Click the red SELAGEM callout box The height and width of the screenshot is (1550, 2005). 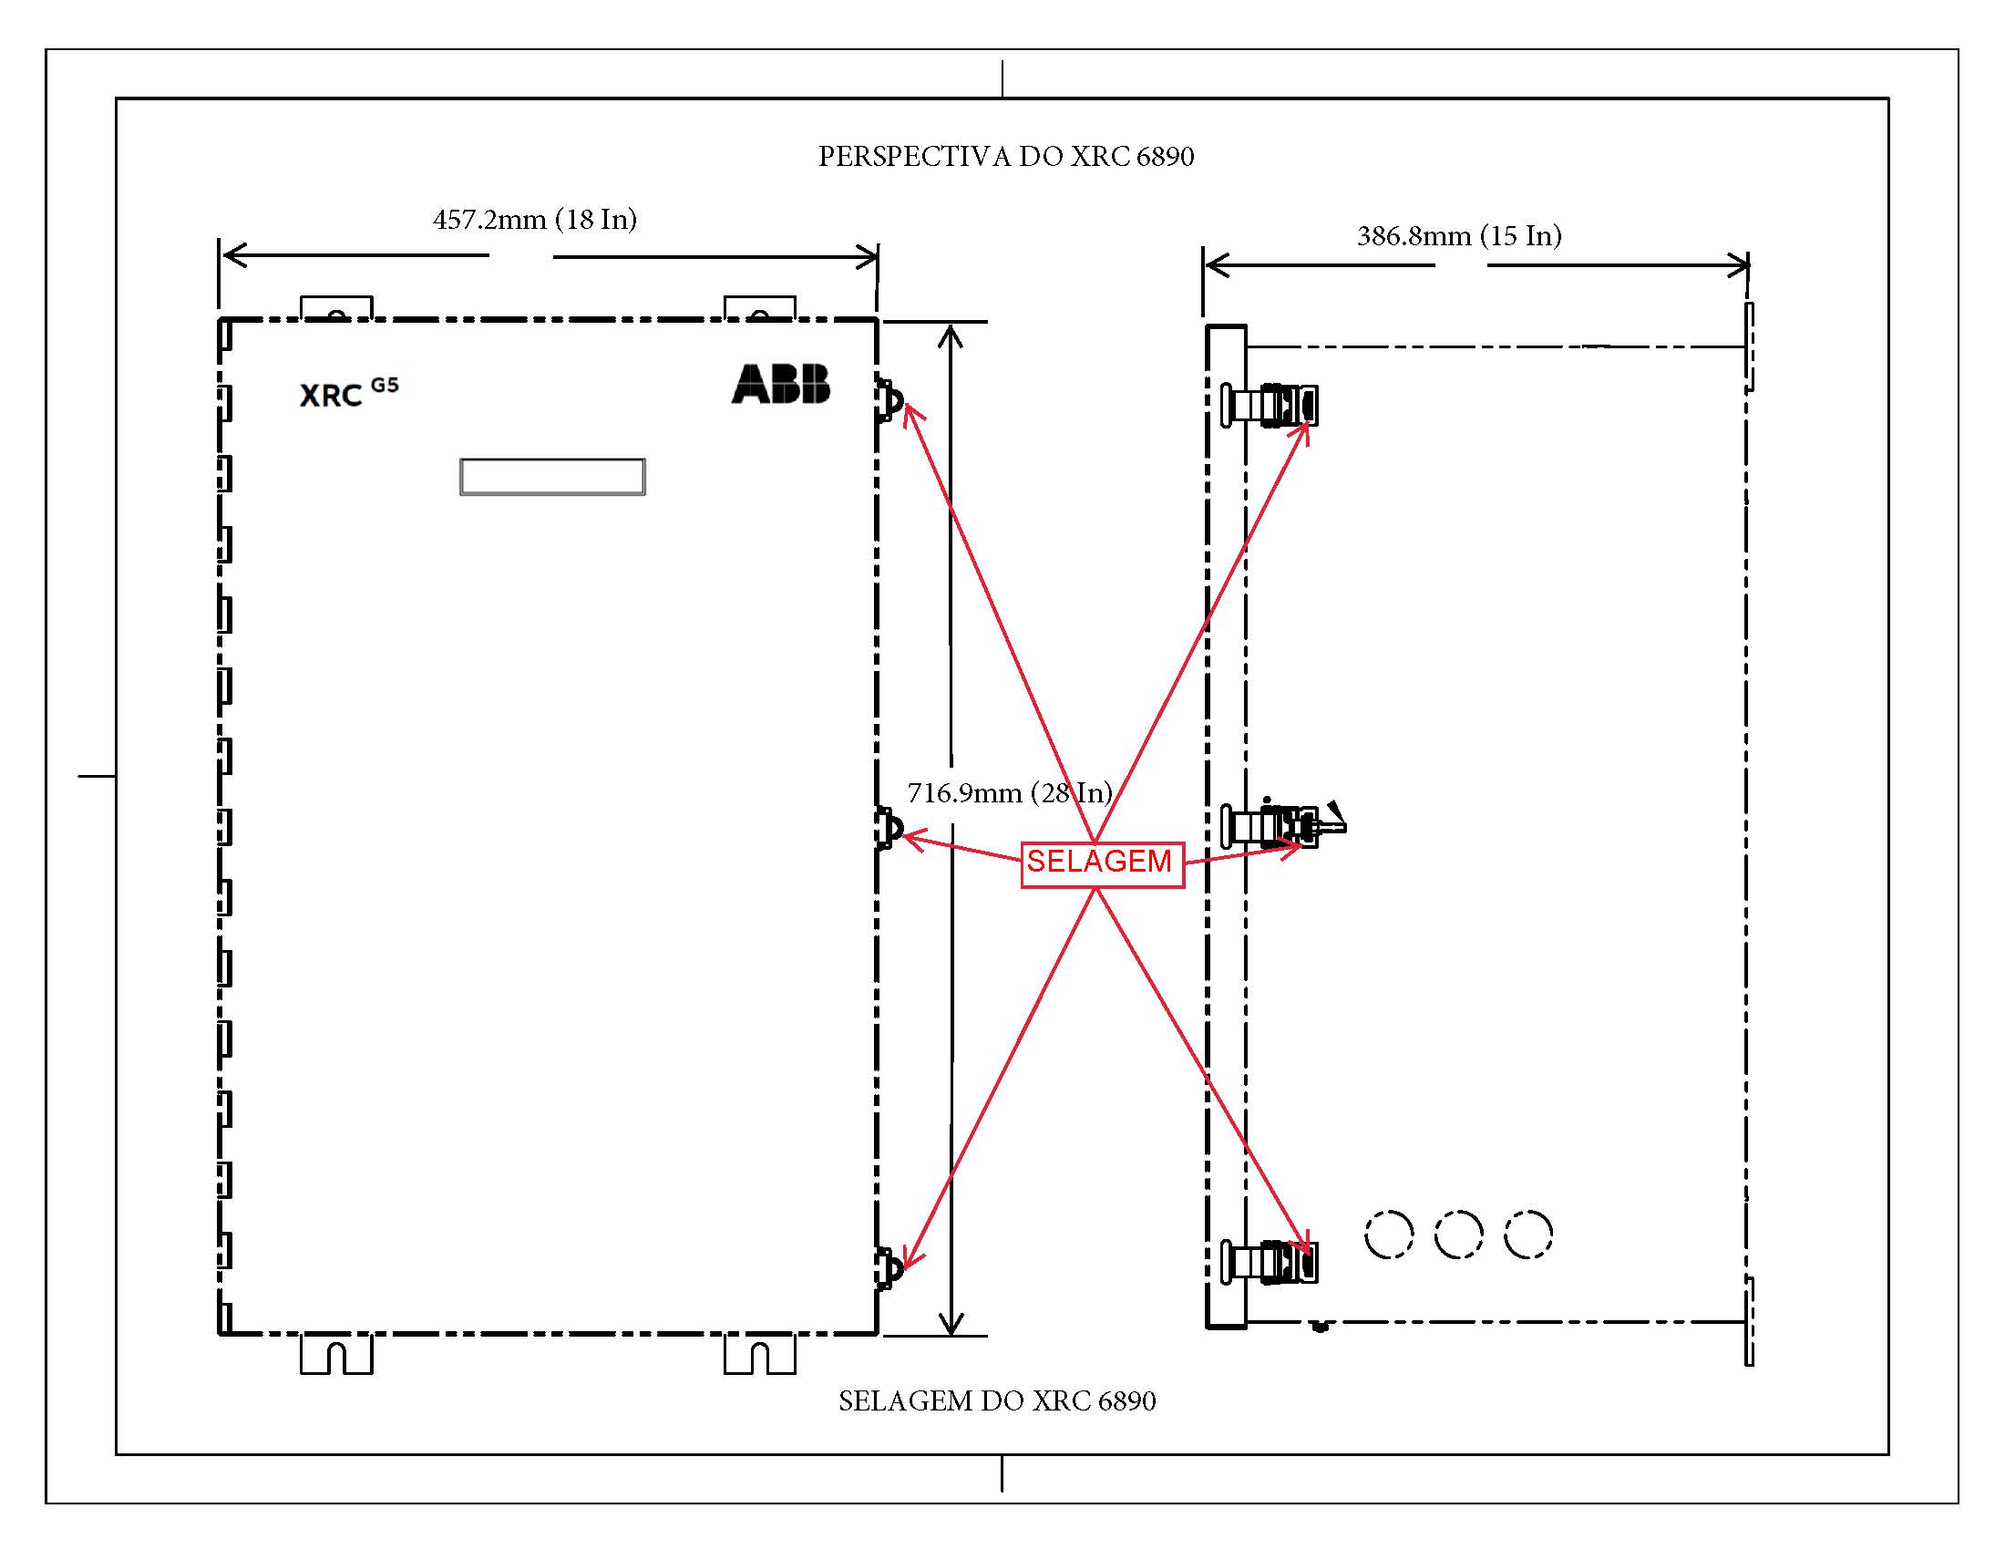pos(1103,864)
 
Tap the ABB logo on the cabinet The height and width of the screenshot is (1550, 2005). pos(780,384)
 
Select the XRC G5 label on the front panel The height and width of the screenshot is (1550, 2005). pos(349,392)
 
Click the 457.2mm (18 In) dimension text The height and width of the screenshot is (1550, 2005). pos(534,220)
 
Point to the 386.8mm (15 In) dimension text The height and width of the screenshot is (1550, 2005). pos(1460,236)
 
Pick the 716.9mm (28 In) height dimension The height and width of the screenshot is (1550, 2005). pos(1010,792)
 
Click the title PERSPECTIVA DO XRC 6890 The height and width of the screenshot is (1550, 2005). pos(1006,157)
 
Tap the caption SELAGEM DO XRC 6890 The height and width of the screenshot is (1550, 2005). pos(997,1400)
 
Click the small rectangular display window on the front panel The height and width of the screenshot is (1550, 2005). pos(552,478)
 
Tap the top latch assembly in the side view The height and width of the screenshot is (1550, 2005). pos(1270,405)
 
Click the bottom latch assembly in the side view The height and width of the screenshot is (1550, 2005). pos(1270,1261)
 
